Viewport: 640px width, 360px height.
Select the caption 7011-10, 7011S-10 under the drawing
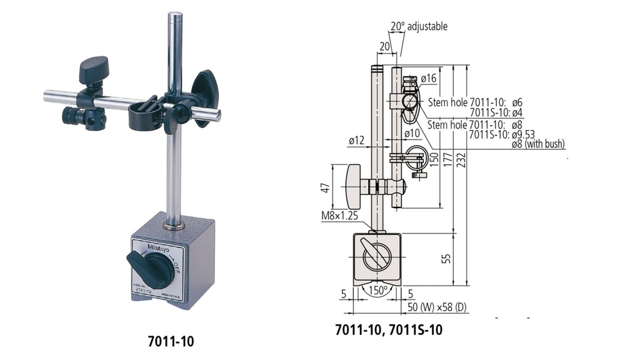[x=388, y=329]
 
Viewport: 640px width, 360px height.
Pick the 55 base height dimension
[x=446, y=259]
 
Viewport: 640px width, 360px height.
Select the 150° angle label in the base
[x=377, y=291]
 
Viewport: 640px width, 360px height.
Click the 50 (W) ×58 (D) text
[x=438, y=308]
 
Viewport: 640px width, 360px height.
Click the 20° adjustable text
[x=419, y=27]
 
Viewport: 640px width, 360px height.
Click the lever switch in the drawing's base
[x=376, y=259]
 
